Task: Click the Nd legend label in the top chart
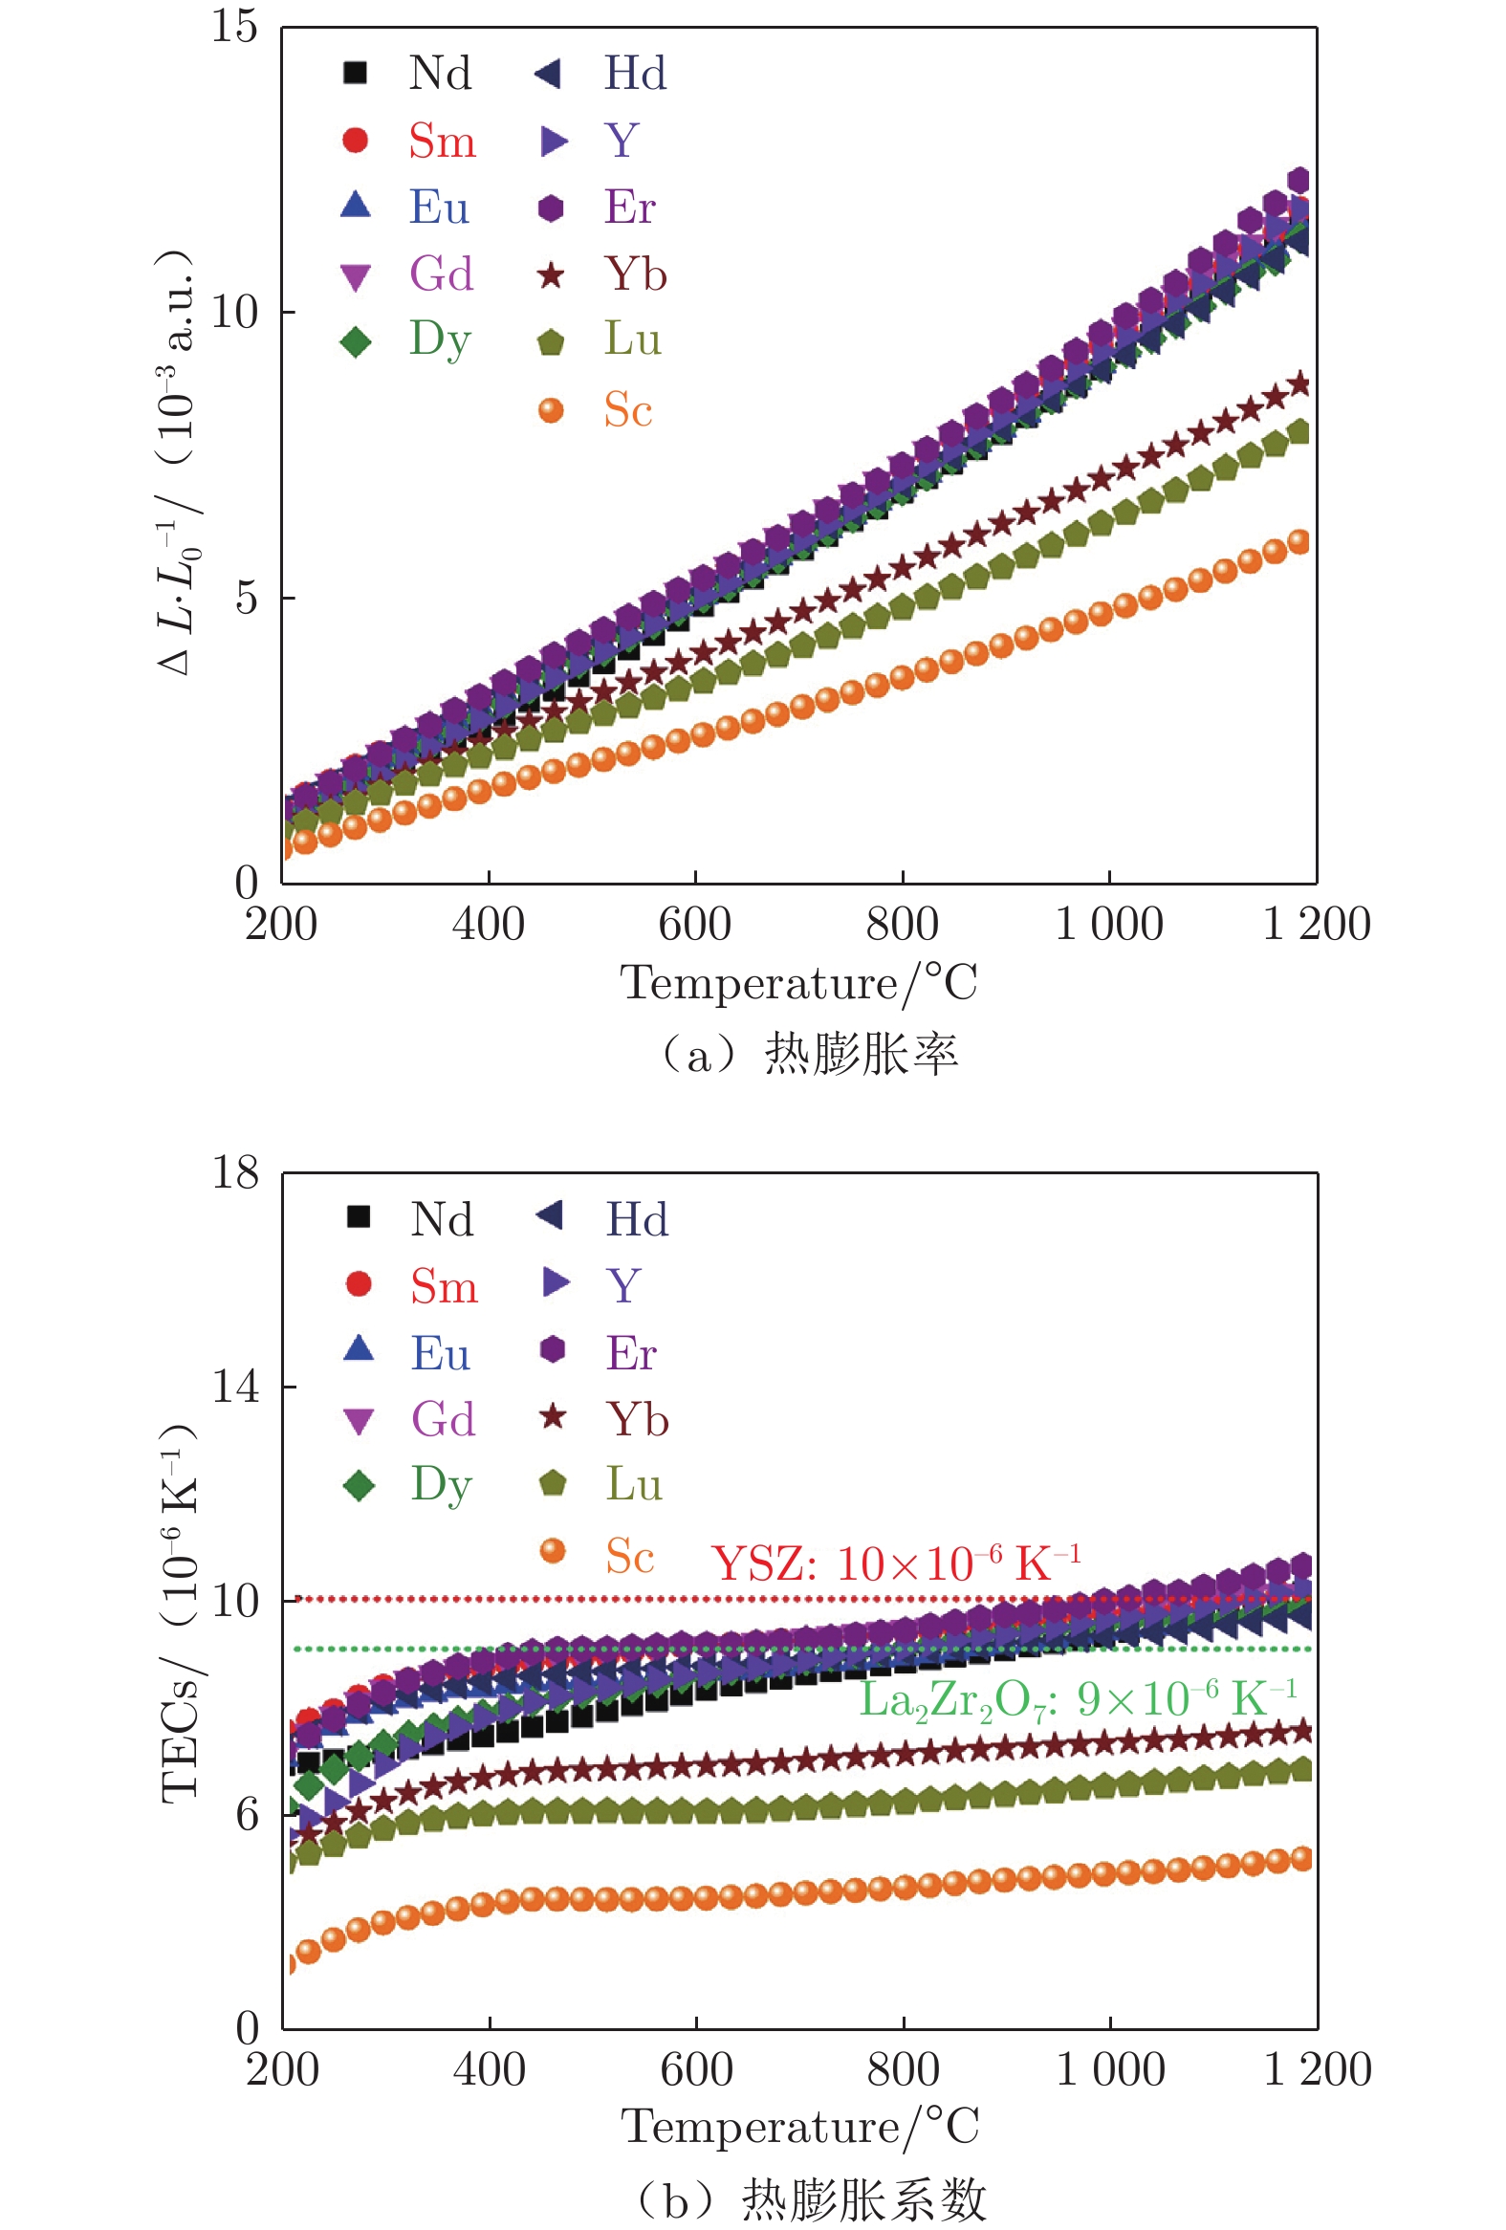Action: click(439, 73)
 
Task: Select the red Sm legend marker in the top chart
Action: click(355, 141)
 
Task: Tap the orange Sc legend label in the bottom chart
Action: click(629, 1557)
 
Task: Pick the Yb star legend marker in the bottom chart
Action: click(553, 1417)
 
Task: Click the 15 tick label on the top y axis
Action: click(234, 26)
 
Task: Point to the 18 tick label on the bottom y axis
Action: click(235, 1172)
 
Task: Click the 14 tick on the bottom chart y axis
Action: click(235, 1387)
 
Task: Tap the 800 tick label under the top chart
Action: click(902, 925)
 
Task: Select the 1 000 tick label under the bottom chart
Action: click(1110, 2070)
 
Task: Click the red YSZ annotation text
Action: click(896, 1563)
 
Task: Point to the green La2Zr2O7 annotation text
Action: click(1078, 1700)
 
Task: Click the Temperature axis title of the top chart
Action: click(798, 983)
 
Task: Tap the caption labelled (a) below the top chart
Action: click(809, 1054)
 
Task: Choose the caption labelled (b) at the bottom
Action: click(811, 2199)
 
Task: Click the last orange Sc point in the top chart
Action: click(1298, 542)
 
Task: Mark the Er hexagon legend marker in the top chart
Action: click(551, 208)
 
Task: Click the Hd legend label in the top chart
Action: click(635, 73)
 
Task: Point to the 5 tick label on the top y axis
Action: click(247, 598)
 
